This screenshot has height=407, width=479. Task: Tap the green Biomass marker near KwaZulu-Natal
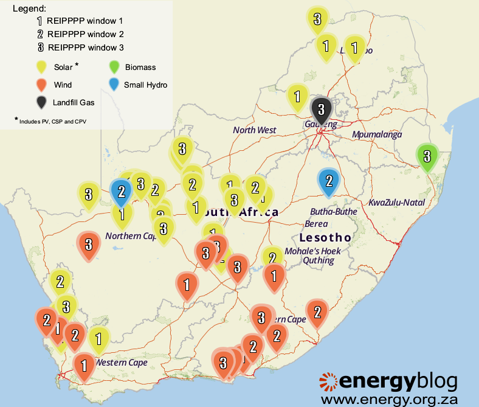click(427, 155)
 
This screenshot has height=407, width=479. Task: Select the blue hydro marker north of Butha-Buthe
click(328, 181)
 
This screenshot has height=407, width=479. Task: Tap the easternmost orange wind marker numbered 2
click(317, 312)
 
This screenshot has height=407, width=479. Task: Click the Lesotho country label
click(325, 237)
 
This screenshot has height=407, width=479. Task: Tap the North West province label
click(254, 130)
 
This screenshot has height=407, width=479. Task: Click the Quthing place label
click(319, 260)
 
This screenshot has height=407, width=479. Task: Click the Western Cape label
click(121, 363)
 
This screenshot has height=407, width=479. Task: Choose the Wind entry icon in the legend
click(41, 84)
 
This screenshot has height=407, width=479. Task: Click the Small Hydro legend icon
click(113, 84)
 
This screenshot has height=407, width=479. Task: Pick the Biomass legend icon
click(113, 66)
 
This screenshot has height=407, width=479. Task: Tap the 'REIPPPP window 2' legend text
click(85, 33)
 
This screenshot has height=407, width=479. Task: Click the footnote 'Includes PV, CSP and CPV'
click(53, 122)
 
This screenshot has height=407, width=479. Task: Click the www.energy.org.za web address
click(389, 399)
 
